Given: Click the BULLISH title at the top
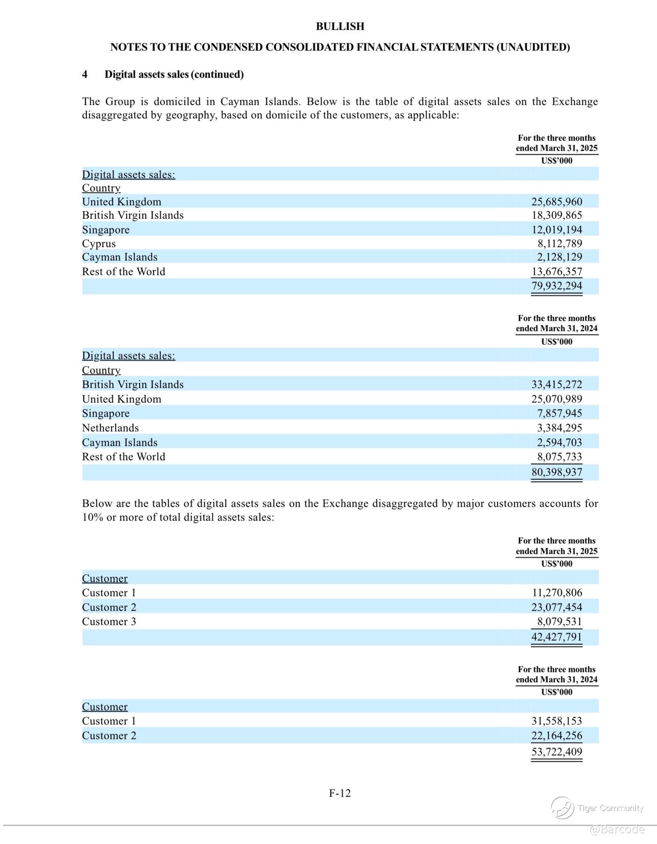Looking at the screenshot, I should coord(340,26).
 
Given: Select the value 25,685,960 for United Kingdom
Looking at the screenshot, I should coord(557,202).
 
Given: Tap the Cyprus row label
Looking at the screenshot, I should coord(99,244).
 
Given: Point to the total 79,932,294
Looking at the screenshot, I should coord(557,286).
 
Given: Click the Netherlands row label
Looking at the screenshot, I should coord(110,428).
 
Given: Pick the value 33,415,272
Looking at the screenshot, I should coord(557,384).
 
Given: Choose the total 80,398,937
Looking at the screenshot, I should coord(557,472).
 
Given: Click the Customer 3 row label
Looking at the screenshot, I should coord(109,621).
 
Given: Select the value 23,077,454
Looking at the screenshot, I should coord(557,607).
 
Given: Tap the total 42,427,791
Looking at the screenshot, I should coord(557,637).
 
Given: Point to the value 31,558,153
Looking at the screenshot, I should coord(557,721).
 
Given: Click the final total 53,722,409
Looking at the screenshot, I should coord(557,751).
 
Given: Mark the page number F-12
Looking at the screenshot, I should coord(340,793).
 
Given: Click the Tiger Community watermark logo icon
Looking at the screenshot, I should coord(562,808).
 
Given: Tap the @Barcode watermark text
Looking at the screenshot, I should coord(617,829).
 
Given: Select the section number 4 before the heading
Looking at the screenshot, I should coord(85,74).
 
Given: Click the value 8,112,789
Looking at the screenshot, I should coord(559,244).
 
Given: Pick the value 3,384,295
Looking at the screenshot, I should coord(559,428).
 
